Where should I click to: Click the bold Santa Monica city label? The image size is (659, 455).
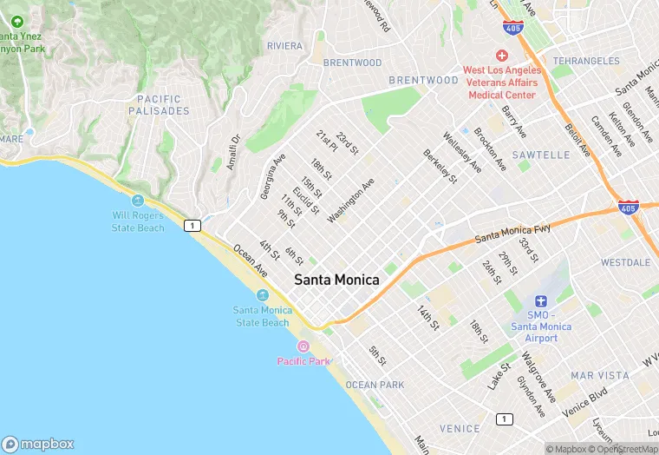[336, 280]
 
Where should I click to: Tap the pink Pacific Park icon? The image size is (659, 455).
[303, 346]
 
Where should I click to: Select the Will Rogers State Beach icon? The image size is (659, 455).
[138, 201]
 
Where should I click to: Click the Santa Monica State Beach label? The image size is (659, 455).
[262, 317]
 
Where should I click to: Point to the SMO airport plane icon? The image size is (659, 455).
[541, 300]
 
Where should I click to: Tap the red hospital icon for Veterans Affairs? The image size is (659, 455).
[501, 55]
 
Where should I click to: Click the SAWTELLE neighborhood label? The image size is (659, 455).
[540, 155]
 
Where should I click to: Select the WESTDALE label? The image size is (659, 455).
[625, 261]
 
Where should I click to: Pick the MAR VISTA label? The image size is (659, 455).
[599, 375]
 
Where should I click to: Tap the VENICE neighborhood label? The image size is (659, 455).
[459, 428]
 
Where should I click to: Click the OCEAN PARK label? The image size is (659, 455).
[375, 384]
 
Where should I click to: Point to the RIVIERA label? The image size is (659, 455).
[284, 45]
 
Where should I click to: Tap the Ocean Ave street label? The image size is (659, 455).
[250, 261]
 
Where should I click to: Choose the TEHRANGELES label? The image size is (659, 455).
[586, 61]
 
